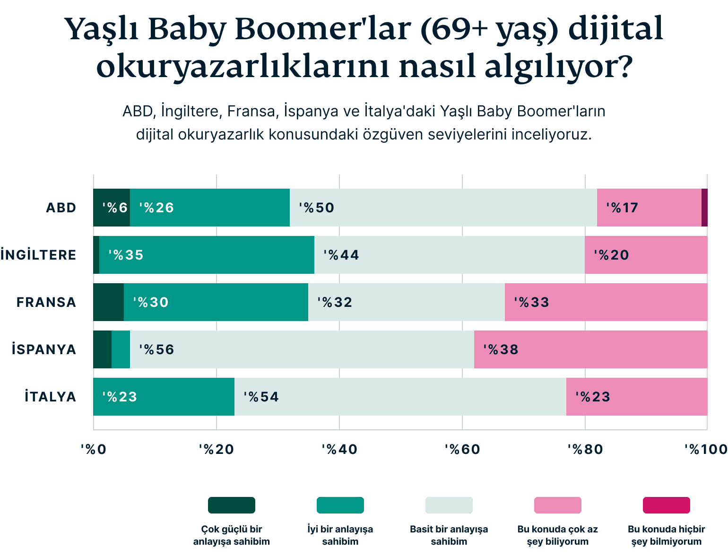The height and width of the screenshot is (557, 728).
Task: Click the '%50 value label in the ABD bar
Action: pyautogui.click(x=316, y=208)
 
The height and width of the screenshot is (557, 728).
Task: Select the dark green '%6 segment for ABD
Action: pyautogui.click(x=112, y=208)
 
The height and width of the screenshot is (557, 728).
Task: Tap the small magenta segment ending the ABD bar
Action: pyautogui.click(x=704, y=208)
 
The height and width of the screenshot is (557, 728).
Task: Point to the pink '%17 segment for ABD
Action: pyautogui.click(x=649, y=208)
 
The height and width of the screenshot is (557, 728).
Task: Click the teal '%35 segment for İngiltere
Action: pyautogui.click(x=207, y=255)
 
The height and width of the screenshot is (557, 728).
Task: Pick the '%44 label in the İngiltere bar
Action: pyautogui.click(x=341, y=255)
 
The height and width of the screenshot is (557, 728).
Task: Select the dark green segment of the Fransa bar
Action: pyautogui.click(x=108, y=302)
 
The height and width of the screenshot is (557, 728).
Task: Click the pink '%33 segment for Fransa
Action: pyautogui.click(x=606, y=302)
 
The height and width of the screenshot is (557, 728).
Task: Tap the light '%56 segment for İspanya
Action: pyautogui.click(x=302, y=349)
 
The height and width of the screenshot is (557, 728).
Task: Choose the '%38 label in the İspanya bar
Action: pyautogui.click(x=501, y=349)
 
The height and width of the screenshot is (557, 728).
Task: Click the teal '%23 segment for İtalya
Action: pyautogui.click(x=164, y=397)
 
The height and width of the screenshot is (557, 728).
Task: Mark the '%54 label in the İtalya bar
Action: pyautogui.click(x=261, y=397)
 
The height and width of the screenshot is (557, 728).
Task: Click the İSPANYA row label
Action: pyautogui.click(x=44, y=349)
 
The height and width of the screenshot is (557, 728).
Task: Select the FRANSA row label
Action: pyautogui.click(x=46, y=302)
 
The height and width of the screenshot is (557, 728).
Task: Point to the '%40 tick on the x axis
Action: pyautogui.click(x=339, y=449)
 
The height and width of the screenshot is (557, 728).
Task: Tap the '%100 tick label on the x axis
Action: pyautogui.click(x=706, y=449)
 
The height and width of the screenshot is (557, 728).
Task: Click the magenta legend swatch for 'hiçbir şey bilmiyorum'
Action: pyautogui.click(x=666, y=505)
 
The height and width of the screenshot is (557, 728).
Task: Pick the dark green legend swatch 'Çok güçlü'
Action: pyautogui.click(x=232, y=505)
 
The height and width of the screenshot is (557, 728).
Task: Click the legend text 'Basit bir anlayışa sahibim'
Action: pyautogui.click(x=449, y=535)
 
